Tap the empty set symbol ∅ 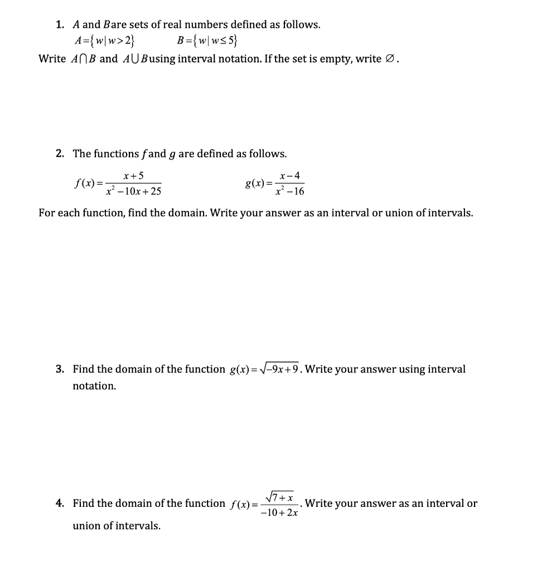point(390,59)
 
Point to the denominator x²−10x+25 point(134,192)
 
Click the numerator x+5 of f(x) point(134,176)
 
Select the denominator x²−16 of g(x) point(290,192)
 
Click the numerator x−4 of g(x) point(290,176)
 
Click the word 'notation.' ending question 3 point(94,386)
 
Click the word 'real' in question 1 point(176,25)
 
